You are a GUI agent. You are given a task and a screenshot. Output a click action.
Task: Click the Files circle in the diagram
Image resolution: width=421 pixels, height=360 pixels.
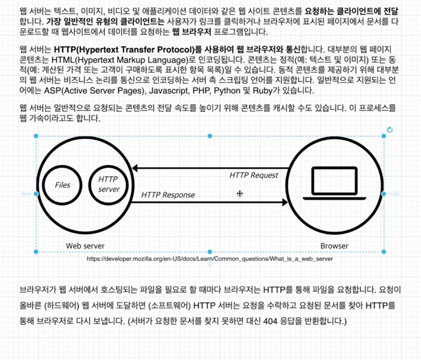coord(63,185)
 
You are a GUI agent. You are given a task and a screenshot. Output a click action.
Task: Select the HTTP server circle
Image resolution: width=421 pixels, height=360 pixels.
coord(109,185)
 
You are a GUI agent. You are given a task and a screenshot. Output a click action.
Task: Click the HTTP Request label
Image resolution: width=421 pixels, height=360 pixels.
coord(254,175)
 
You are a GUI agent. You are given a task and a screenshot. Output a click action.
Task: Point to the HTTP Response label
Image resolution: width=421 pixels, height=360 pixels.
coord(168,195)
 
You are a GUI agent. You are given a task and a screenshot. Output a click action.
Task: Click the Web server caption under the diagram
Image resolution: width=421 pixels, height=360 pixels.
coord(85,246)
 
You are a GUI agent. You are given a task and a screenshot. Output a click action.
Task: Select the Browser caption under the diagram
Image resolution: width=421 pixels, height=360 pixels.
coord(334,246)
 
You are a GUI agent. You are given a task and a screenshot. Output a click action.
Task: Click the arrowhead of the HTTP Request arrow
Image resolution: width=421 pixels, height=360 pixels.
coord(135,168)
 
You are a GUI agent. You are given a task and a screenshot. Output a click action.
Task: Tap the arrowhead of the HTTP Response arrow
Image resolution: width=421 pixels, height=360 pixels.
coord(285,202)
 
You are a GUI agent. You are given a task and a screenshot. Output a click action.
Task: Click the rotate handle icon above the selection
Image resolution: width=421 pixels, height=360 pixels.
coord(390,130)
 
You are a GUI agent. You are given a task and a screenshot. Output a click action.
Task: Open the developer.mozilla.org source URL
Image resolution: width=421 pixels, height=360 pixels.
coord(209,259)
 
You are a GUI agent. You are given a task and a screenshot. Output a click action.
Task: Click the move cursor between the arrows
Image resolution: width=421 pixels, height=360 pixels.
coord(239,194)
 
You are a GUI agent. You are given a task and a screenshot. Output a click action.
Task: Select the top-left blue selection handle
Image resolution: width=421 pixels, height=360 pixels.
coord(36,136)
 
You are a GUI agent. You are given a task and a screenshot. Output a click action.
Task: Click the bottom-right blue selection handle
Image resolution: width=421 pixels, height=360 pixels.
coord(384,251)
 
